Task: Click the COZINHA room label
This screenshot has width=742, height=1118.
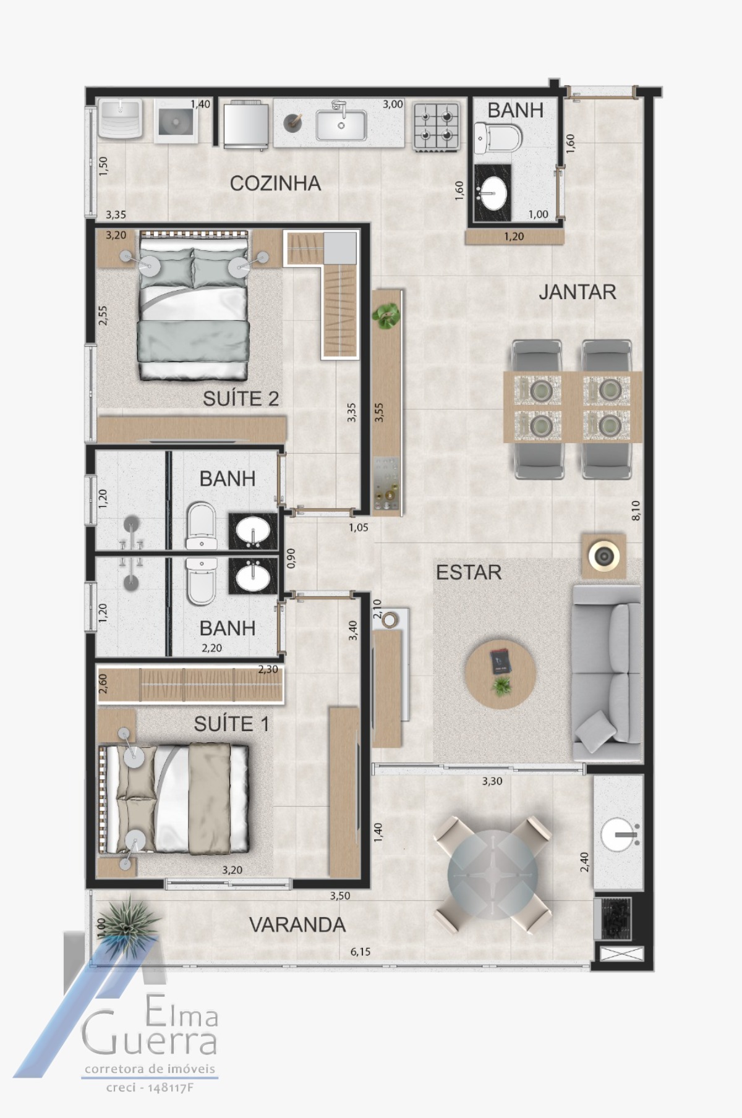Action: coord(275,183)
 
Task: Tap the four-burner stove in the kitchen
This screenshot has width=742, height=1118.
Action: coord(437,126)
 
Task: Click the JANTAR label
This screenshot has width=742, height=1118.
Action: coord(577,292)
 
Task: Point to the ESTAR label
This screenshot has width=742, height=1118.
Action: coord(469,572)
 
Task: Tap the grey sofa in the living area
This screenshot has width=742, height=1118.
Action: coord(607,673)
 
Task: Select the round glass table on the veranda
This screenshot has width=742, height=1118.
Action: coord(492,873)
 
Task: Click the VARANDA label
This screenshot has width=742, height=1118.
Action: coord(297,925)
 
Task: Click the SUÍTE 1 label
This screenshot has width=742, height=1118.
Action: coord(231,724)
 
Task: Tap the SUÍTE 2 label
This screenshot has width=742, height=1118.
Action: coord(241,399)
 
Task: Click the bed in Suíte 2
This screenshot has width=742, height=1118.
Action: coord(195,306)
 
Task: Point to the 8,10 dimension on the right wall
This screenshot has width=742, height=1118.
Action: coord(636,510)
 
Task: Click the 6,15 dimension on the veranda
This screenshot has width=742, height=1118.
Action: coord(360,952)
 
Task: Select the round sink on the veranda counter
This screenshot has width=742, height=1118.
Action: coord(618,835)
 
